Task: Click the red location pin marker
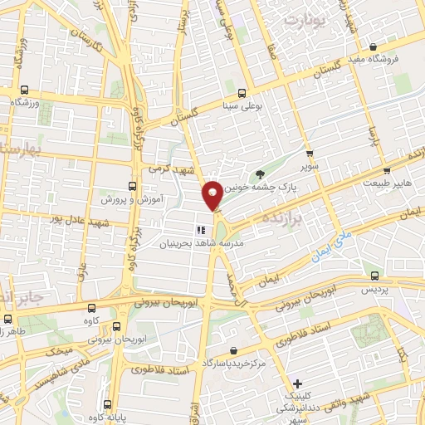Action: pyautogui.click(x=212, y=194)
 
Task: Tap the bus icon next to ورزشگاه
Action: pyautogui.click(x=24, y=90)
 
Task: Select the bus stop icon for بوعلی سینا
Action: pyautogui.click(x=242, y=93)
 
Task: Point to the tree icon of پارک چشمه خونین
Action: pyautogui.click(x=261, y=174)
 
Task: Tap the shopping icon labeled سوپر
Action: pyautogui.click(x=310, y=154)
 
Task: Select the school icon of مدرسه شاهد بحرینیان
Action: pyautogui.click(x=200, y=229)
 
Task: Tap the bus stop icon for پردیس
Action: pyautogui.click(x=375, y=276)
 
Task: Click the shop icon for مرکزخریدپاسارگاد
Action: pyautogui.click(x=235, y=351)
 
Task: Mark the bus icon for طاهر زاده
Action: pyautogui.click(x=8, y=318)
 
